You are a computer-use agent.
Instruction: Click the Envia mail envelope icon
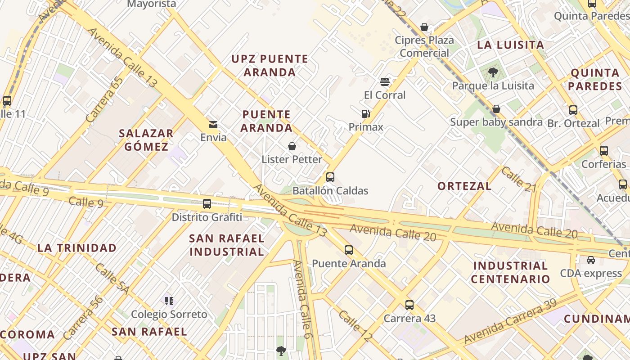213,125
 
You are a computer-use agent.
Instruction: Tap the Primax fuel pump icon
366,114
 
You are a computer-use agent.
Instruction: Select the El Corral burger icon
384,82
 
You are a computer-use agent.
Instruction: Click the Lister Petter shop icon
292,146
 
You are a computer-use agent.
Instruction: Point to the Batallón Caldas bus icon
330,177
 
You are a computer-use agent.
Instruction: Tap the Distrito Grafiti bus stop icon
207,204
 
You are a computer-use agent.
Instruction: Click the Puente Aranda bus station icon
349,250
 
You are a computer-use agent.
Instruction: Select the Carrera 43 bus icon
409,305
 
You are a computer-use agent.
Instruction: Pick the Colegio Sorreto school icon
169,301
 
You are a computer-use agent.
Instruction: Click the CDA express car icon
590,260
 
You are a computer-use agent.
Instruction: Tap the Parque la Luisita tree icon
493,72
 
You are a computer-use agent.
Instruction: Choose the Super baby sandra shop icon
496,109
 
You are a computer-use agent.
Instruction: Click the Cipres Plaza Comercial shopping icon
424,27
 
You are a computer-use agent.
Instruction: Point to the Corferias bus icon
604,151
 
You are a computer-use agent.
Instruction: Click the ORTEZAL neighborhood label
464,186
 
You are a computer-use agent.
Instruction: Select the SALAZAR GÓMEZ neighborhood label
146,140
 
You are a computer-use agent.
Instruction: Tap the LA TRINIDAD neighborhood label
77,248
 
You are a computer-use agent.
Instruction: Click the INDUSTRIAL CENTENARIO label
510,272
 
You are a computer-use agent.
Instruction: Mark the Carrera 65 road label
104,100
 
